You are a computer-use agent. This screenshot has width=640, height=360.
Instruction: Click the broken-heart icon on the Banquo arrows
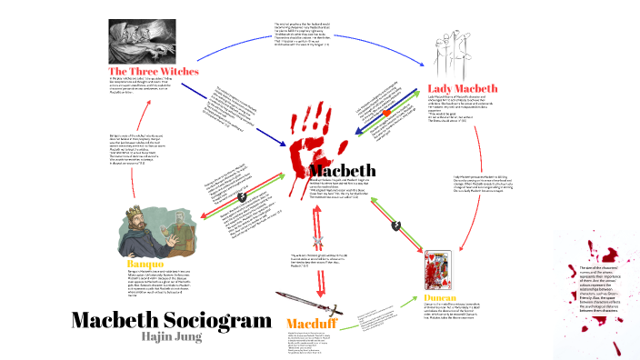pos(242,196)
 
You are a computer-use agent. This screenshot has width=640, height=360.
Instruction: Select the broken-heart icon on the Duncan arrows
pos(395,224)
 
